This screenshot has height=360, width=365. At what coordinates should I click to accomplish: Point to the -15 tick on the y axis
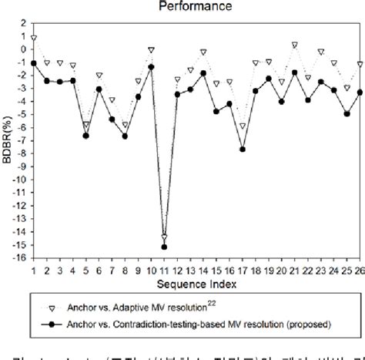tap(21, 246)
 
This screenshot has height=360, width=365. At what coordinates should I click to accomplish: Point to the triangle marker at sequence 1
tap(33, 38)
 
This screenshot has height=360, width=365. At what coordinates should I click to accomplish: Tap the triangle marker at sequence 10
tap(151, 49)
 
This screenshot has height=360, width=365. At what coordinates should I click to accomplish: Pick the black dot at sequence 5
tap(85, 136)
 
